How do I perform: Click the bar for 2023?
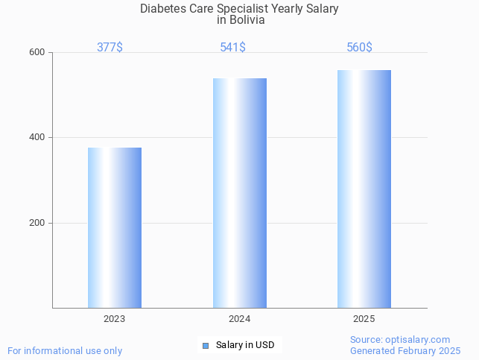[115, 227]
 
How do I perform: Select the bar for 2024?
[240, 192]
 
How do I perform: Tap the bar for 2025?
[364, 189]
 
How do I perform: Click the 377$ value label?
[110, 48]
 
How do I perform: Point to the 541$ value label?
[233, 48]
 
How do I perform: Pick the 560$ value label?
[359, 48]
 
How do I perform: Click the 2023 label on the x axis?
[115, 318]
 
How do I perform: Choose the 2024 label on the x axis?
[240, 318]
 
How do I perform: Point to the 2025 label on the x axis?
[364, 318]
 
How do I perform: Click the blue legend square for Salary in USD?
[206, 345]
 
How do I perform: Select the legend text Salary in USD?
[245, 345]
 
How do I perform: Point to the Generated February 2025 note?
[405, 350]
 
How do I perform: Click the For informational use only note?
[65, 350]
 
